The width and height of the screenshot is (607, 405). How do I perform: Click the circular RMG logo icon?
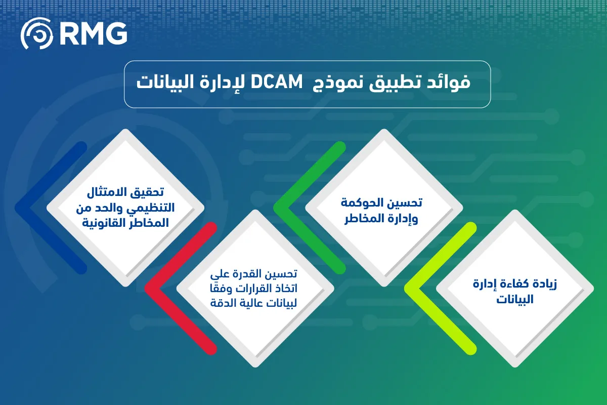click(x=37, y=33)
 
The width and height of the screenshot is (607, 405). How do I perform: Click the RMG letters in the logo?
click(x=93, y=33)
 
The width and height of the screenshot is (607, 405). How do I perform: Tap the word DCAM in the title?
click(x=276, y=82)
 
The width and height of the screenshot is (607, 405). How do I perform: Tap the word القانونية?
click(x=105, y=223)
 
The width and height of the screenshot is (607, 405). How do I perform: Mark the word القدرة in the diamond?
click(x=248, y=273)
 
